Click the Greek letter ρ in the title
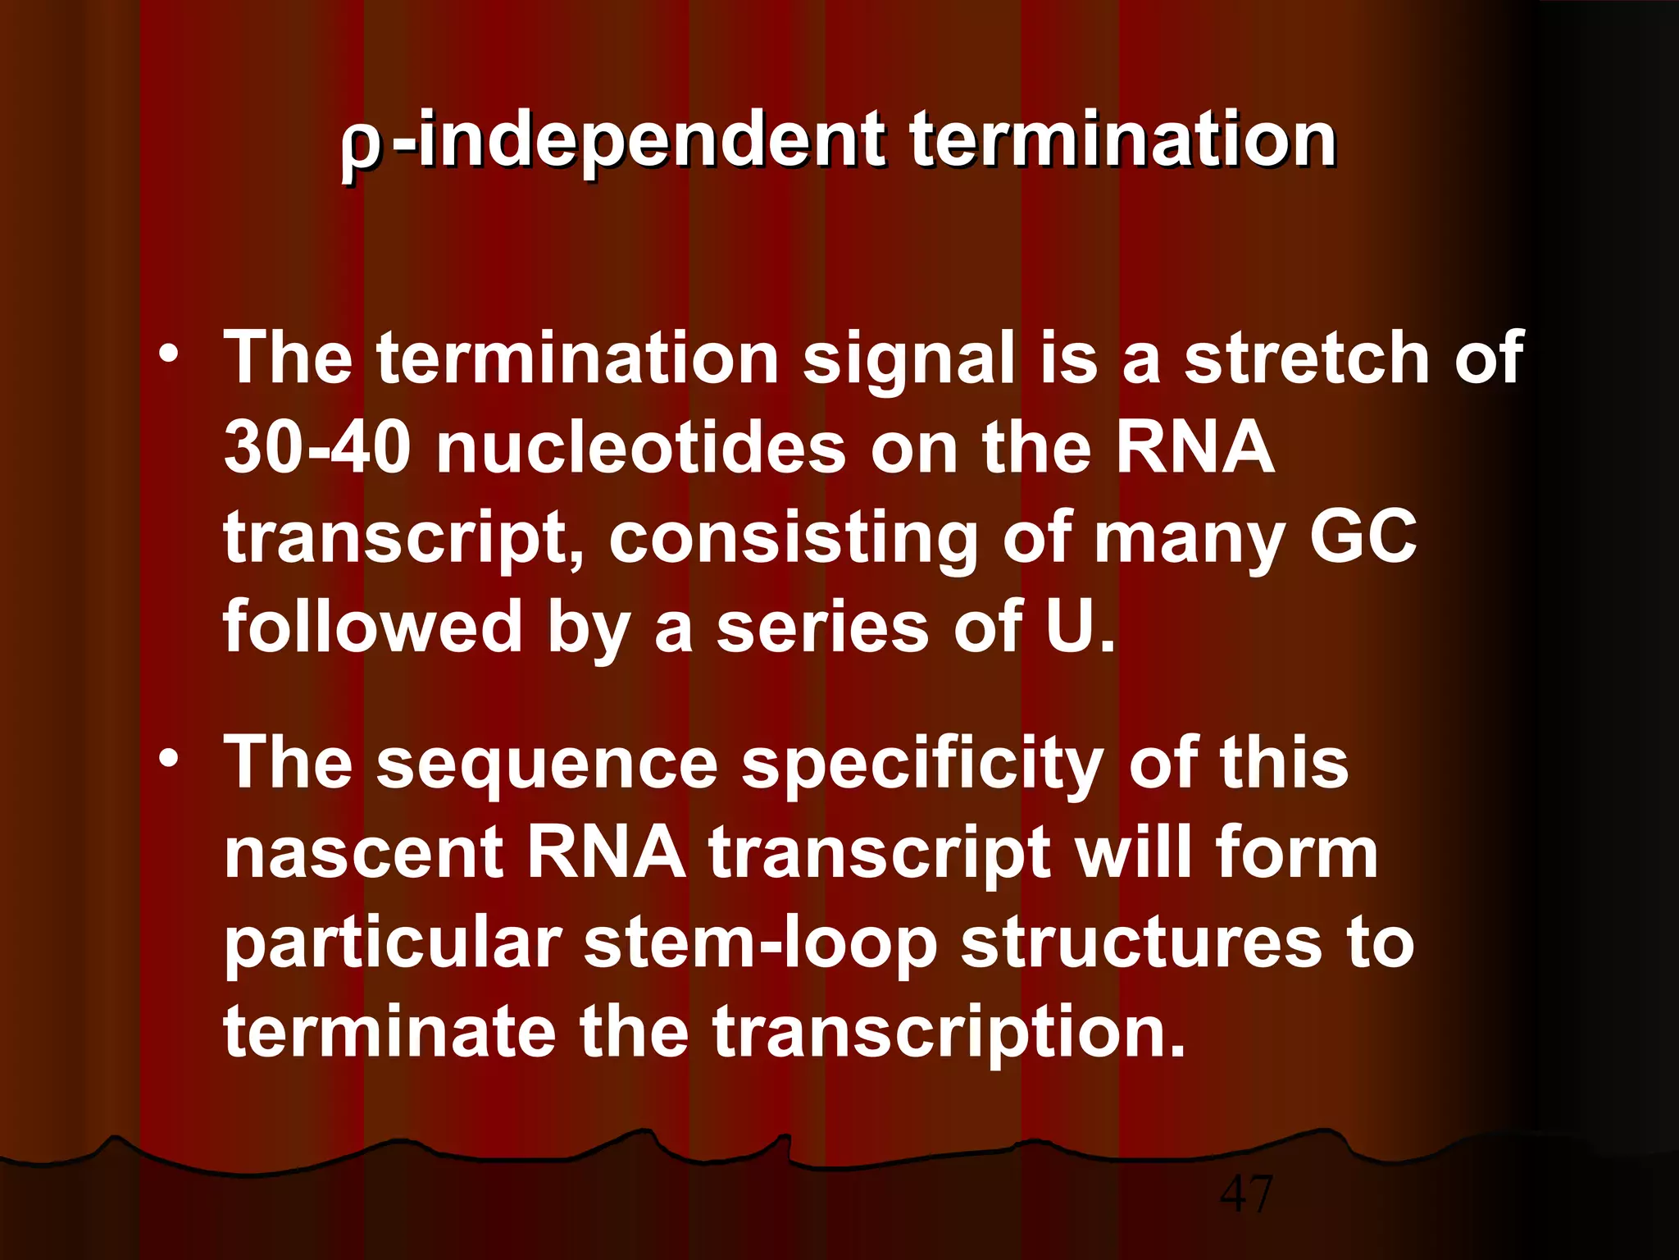(x=361, y=148)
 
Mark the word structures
(x=1140, y=943)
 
